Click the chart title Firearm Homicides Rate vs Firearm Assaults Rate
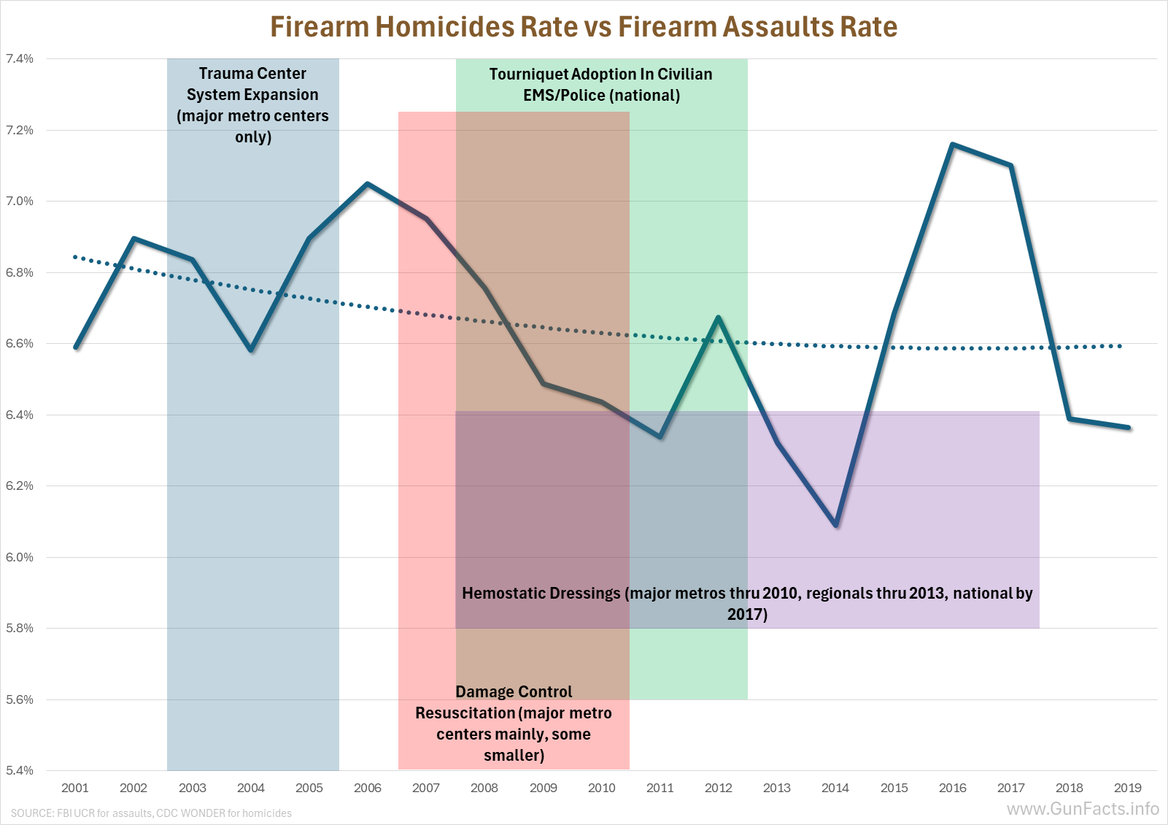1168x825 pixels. [584, 27]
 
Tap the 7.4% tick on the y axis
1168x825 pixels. [20, 59]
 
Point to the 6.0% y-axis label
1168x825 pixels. [20, 557]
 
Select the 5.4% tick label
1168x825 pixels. [20, 770]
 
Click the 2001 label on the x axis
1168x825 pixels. [75, 788]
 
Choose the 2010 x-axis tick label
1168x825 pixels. [602, 788]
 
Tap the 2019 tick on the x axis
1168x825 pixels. [1128, 788]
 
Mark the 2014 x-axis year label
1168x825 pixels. [835, 788]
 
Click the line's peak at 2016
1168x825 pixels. [953, 145]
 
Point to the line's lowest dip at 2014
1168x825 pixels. [835, 525]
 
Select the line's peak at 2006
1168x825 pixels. [368, 184]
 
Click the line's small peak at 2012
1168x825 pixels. [719, 318]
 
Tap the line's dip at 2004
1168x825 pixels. [251, 350]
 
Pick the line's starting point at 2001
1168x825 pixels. [76, 347]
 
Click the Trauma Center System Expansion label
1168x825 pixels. [252, 105]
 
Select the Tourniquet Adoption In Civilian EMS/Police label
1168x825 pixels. [601, 85]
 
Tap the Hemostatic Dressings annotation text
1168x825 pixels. [747, 603]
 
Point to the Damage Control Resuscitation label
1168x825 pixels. [514, 723]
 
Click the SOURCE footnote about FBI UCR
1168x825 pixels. [151, 813]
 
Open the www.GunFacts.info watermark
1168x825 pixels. [1083, 809]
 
